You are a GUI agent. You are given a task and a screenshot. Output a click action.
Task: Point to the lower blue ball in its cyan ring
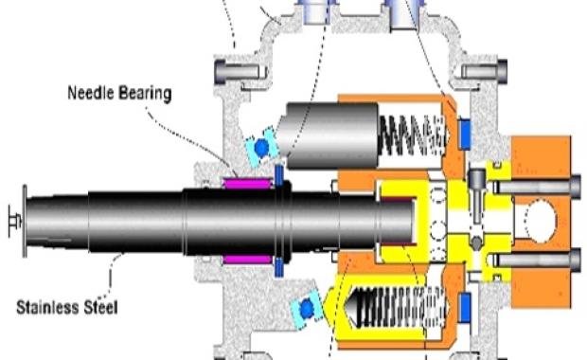point(305,309)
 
